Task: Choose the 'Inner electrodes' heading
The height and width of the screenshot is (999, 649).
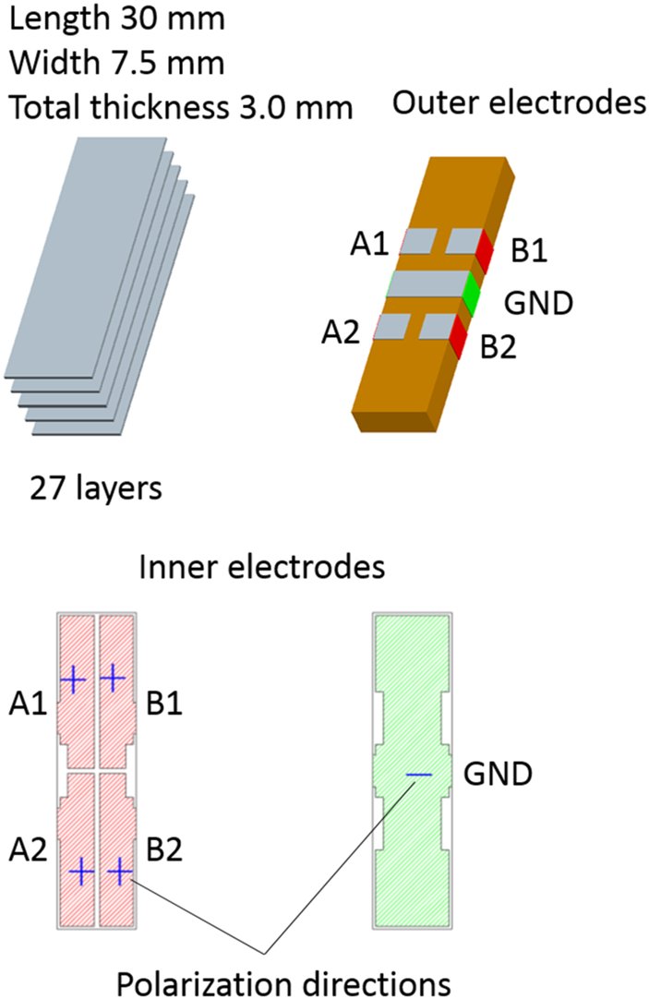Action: (x=261, y=569)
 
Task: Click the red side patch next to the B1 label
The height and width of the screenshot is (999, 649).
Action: (x=484, y=247)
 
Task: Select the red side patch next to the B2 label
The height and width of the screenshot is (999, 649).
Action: (x=457, y=337)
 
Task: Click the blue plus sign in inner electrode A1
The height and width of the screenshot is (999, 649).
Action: (x=73, y=680)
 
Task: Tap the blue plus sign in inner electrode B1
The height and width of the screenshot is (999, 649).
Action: (x=113, y=680)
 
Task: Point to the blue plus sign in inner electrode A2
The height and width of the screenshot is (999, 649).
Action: (x=81, y=870)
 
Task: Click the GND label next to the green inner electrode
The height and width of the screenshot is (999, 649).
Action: (x=499, y=774)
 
